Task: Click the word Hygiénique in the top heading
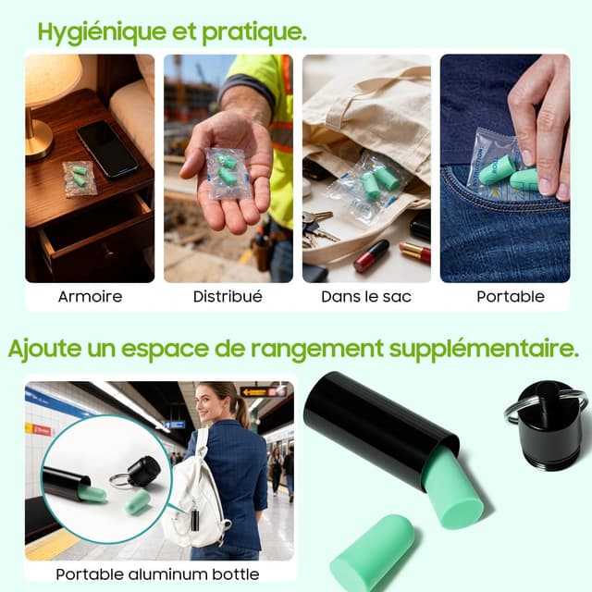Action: click(102, 33)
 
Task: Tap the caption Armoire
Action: click(91, 297)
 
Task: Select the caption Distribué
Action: click(228, 297)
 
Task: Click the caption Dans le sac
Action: click(366, 297)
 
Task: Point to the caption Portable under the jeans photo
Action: click(511, 297)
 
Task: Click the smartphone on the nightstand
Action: click(107, 149)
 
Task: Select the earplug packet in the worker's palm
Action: click(228, 173)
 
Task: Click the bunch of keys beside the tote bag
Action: click(319, 227)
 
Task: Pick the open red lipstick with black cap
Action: click(371, 255)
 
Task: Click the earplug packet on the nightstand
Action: click(80, 179)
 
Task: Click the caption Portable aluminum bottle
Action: click(158, 574)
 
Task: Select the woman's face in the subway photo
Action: click(207, 403)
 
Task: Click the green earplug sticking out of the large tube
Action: click(452, 491)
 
